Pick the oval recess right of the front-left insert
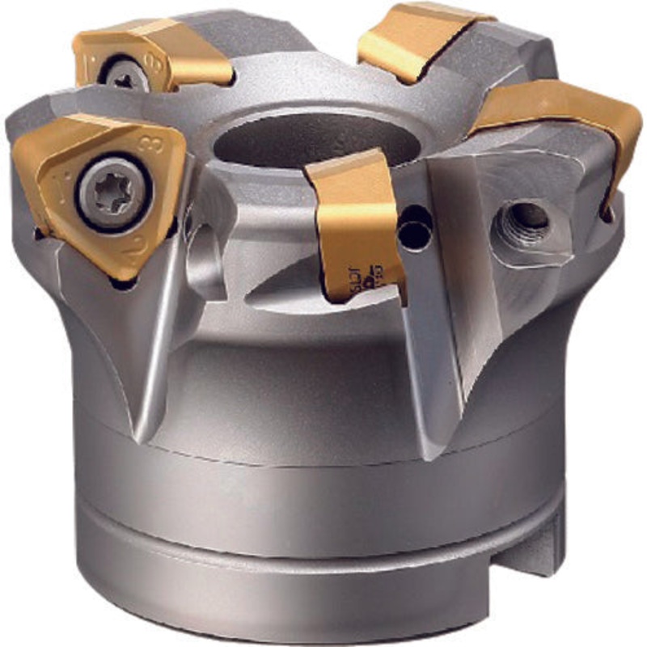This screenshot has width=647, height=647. [206, 259]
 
